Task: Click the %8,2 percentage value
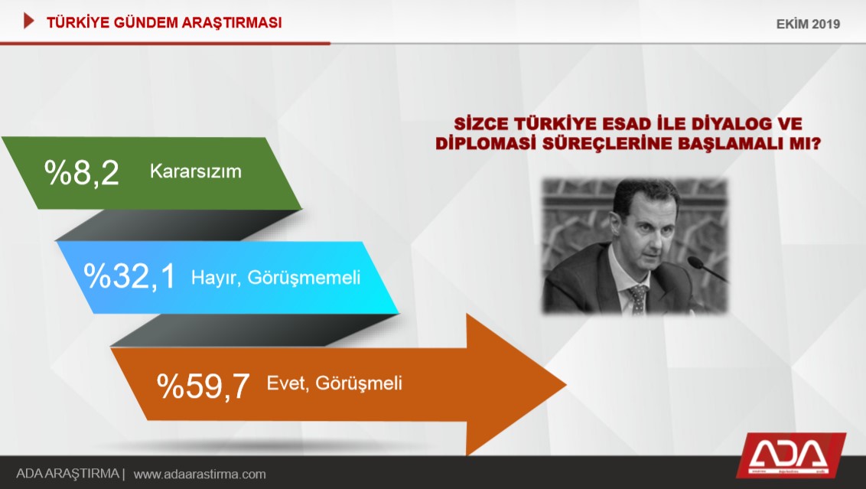pyautogui.click(x=82, y=172)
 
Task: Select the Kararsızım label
pyautogui.click(x=196, y=171)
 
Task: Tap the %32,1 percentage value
pyautogui.click(x=129, y=276)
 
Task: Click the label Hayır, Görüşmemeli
pyautogui.click(x=275, y=277)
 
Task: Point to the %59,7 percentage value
pyautogui.click(x=203, y=386)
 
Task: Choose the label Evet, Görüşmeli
pyautogui.click(x=334, y=383)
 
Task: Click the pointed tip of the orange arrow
pyautogui.click(x=566, y=384)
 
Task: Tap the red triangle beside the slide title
pyautogui.click(x=29, y=21)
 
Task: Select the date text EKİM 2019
pyautogui.click(x=808, y=24)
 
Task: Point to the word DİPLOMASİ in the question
pyautogui.click(x=486, y=144)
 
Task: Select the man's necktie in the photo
pyautogui.click(x=637, y=299)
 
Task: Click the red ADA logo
pyautogui.click(x=790, y=455)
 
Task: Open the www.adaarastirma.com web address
pyautogui.click(x=200, y=474)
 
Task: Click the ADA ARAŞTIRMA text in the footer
pyautogui.click(x=67, y=474)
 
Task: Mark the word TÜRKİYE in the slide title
pyautogui.click(x=77, y=23)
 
